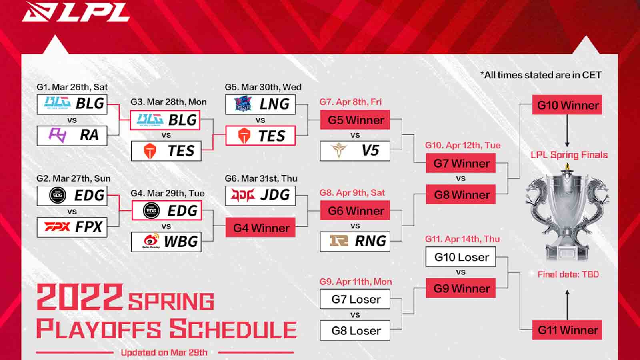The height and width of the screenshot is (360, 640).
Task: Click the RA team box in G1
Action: point(72,136)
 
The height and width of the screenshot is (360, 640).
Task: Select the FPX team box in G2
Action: point(72,227)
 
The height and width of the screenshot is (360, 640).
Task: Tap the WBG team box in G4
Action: point(166,242)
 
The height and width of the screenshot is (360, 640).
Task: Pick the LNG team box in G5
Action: point(260,104)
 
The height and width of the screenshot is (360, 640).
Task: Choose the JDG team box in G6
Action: point(260,196)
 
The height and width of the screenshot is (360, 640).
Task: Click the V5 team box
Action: point(355,151)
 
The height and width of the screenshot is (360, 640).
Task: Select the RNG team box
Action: point(355,241)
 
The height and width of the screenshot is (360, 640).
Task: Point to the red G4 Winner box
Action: point(260,228)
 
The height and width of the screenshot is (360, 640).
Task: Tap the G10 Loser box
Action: point(460,257)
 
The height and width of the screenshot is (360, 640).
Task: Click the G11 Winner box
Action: point(567,330)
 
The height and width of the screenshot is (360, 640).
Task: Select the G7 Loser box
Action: point(355,299)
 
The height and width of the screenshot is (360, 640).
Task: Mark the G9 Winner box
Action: point(460,288)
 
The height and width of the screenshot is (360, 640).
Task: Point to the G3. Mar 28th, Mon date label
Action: point(168,102)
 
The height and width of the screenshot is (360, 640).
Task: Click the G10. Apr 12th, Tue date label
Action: point(462,145)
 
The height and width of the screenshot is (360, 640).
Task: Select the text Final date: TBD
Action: point(568,274)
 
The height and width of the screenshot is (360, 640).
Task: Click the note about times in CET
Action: point(541,75)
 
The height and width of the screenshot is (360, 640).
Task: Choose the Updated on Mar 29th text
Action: point(164,352)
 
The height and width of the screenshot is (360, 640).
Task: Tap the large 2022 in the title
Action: point(79,297)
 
